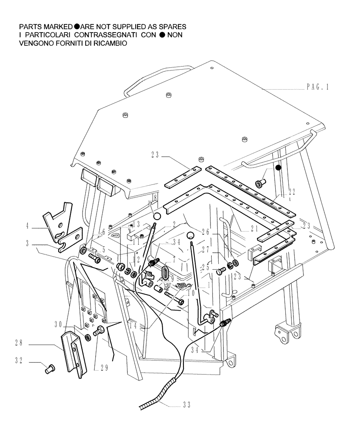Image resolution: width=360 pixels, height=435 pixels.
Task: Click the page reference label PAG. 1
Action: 317,87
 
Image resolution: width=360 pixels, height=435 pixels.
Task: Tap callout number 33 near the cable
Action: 187,405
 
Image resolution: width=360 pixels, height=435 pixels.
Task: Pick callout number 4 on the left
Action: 27,226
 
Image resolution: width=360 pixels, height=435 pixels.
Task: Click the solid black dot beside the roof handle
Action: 279,167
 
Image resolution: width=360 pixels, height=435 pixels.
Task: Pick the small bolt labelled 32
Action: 49,369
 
